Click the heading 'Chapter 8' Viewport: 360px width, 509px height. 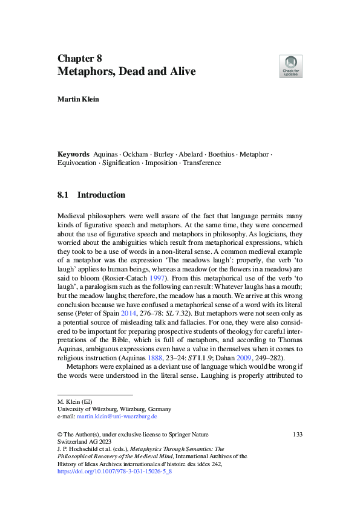coord(79,59)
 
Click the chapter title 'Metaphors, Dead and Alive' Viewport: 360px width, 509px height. coord(126,72)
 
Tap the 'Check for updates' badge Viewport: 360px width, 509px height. coord(290,66)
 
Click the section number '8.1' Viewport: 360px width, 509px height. coord(64,195)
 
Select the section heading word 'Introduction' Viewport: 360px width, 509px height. coord(101,195)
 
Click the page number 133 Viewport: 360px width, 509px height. coord(297,434)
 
